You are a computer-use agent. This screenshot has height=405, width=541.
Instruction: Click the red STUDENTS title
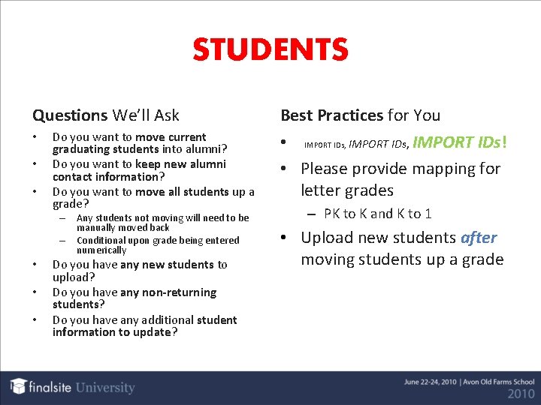tap(270, 50)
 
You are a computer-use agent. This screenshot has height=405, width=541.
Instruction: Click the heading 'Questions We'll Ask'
tap(106, 115)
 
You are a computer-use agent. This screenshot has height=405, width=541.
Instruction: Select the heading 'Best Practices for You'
tap(361, 115)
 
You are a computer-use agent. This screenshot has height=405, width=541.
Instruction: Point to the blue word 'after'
tap(479, 238)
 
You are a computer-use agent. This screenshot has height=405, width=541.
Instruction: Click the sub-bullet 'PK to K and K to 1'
tap(378, 214)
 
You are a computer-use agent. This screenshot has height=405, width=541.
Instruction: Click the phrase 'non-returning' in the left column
tap(179, 292)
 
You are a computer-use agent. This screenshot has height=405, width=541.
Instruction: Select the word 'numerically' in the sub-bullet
tap(101, 250)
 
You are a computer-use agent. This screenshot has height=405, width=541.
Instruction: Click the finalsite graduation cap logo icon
tap(19, 386)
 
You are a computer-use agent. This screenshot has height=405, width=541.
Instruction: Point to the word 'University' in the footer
tap(104, 388)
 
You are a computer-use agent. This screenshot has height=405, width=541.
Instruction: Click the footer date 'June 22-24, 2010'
tap(426, 382)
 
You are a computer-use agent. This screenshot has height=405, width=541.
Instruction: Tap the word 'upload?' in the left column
tap(74, 277)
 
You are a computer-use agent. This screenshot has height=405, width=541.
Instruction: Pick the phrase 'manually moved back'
tap(123, 227)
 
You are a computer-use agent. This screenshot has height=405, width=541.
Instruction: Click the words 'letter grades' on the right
tap(347, 190)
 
